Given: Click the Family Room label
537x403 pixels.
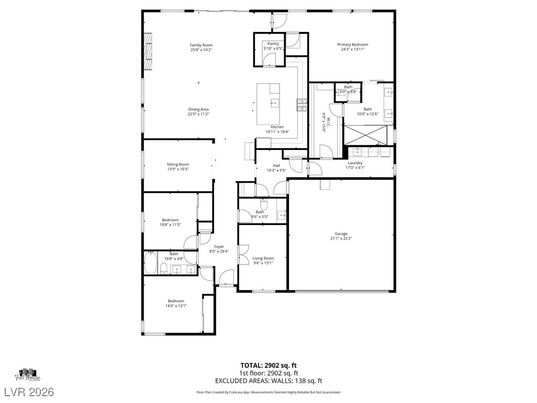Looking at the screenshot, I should click(201, 45).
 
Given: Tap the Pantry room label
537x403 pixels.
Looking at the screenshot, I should click(273, 44).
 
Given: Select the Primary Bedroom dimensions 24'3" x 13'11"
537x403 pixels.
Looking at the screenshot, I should click(352, 49).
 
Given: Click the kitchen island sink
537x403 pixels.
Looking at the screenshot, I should click(274, 103).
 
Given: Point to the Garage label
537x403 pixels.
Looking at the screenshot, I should click(341, 234).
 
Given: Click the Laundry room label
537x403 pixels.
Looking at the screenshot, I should click(355, 163).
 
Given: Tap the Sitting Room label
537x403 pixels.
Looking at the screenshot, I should click(178, 164).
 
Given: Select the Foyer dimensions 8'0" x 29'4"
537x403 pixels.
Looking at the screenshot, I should click(219, 251).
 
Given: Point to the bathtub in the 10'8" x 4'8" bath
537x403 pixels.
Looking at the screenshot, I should click(151, 263).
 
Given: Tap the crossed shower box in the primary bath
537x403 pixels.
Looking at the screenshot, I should click(368, 134).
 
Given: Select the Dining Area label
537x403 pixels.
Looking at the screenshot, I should click(198, 109).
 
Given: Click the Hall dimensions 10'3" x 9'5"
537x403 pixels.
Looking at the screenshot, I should click(276, 170).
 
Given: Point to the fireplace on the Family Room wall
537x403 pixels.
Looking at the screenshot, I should click(148, 51).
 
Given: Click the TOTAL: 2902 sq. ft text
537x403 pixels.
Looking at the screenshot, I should click(268, 365).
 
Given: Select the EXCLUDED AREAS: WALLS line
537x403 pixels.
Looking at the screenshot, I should click(268, 380).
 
